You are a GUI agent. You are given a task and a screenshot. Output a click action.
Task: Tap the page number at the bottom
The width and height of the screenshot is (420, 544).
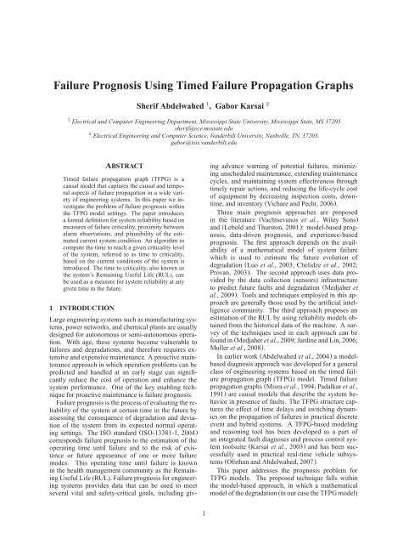(x=210, y=514)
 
